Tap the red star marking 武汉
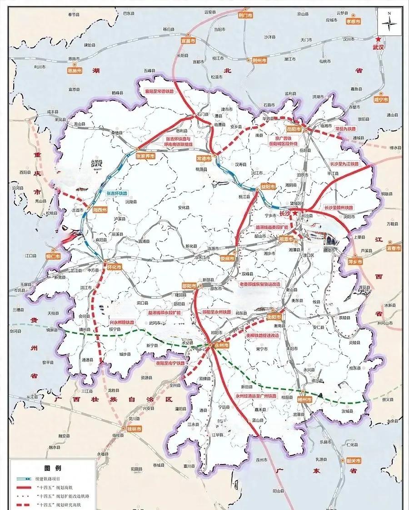point(379,40)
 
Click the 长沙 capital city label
point(285,213)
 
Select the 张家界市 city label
point(146,156)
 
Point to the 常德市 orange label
point(203,158)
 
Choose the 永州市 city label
point(221,345)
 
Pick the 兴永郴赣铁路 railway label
point(121,322)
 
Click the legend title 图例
point(52,468)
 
